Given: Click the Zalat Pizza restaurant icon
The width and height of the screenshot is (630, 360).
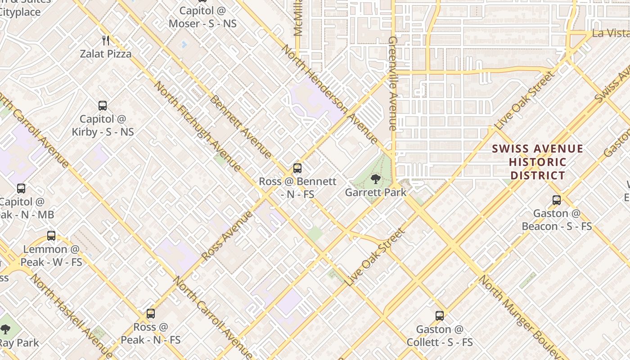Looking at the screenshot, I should pyautogui.click(x=106, y=40).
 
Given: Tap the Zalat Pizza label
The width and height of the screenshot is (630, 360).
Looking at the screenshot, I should pyautogui.click(x=106, y=54).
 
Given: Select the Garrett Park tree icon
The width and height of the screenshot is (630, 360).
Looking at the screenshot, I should pyautogui.click(x=375, y=180).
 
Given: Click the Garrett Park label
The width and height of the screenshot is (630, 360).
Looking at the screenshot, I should pyautogui.click(x=376, y=193).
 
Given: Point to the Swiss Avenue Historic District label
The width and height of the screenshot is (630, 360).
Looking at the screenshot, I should pyautogui.click(x=538, y=162).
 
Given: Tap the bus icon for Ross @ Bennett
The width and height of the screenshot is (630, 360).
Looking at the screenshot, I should pyautogui.click(x=297, y=168).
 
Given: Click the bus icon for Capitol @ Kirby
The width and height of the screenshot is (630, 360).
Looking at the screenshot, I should pyautogui.click(x=103, y=106).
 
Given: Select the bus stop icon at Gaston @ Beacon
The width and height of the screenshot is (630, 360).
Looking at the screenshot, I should pyautogui.click(x=557, y=200).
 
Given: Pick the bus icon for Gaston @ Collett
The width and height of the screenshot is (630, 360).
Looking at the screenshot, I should pyautogui.click(x=440, y=316).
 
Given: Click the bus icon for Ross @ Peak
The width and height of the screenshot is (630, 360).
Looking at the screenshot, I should pyautogui.click(x=151, y=314).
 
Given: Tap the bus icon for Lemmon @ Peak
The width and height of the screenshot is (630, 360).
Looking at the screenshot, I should pyautogui.click(x=51, y=235).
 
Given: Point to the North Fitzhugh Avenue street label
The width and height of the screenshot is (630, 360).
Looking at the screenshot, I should pyautogui.click(x=198, y=126).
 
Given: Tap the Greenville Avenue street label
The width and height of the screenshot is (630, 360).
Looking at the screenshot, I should pyautogui.click(x=392, y=84).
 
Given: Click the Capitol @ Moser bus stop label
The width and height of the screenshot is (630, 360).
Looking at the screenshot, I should pyautogui.click(x=202, y=17).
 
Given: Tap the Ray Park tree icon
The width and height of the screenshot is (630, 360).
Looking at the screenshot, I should pyautogui.click(x=5, y=330).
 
